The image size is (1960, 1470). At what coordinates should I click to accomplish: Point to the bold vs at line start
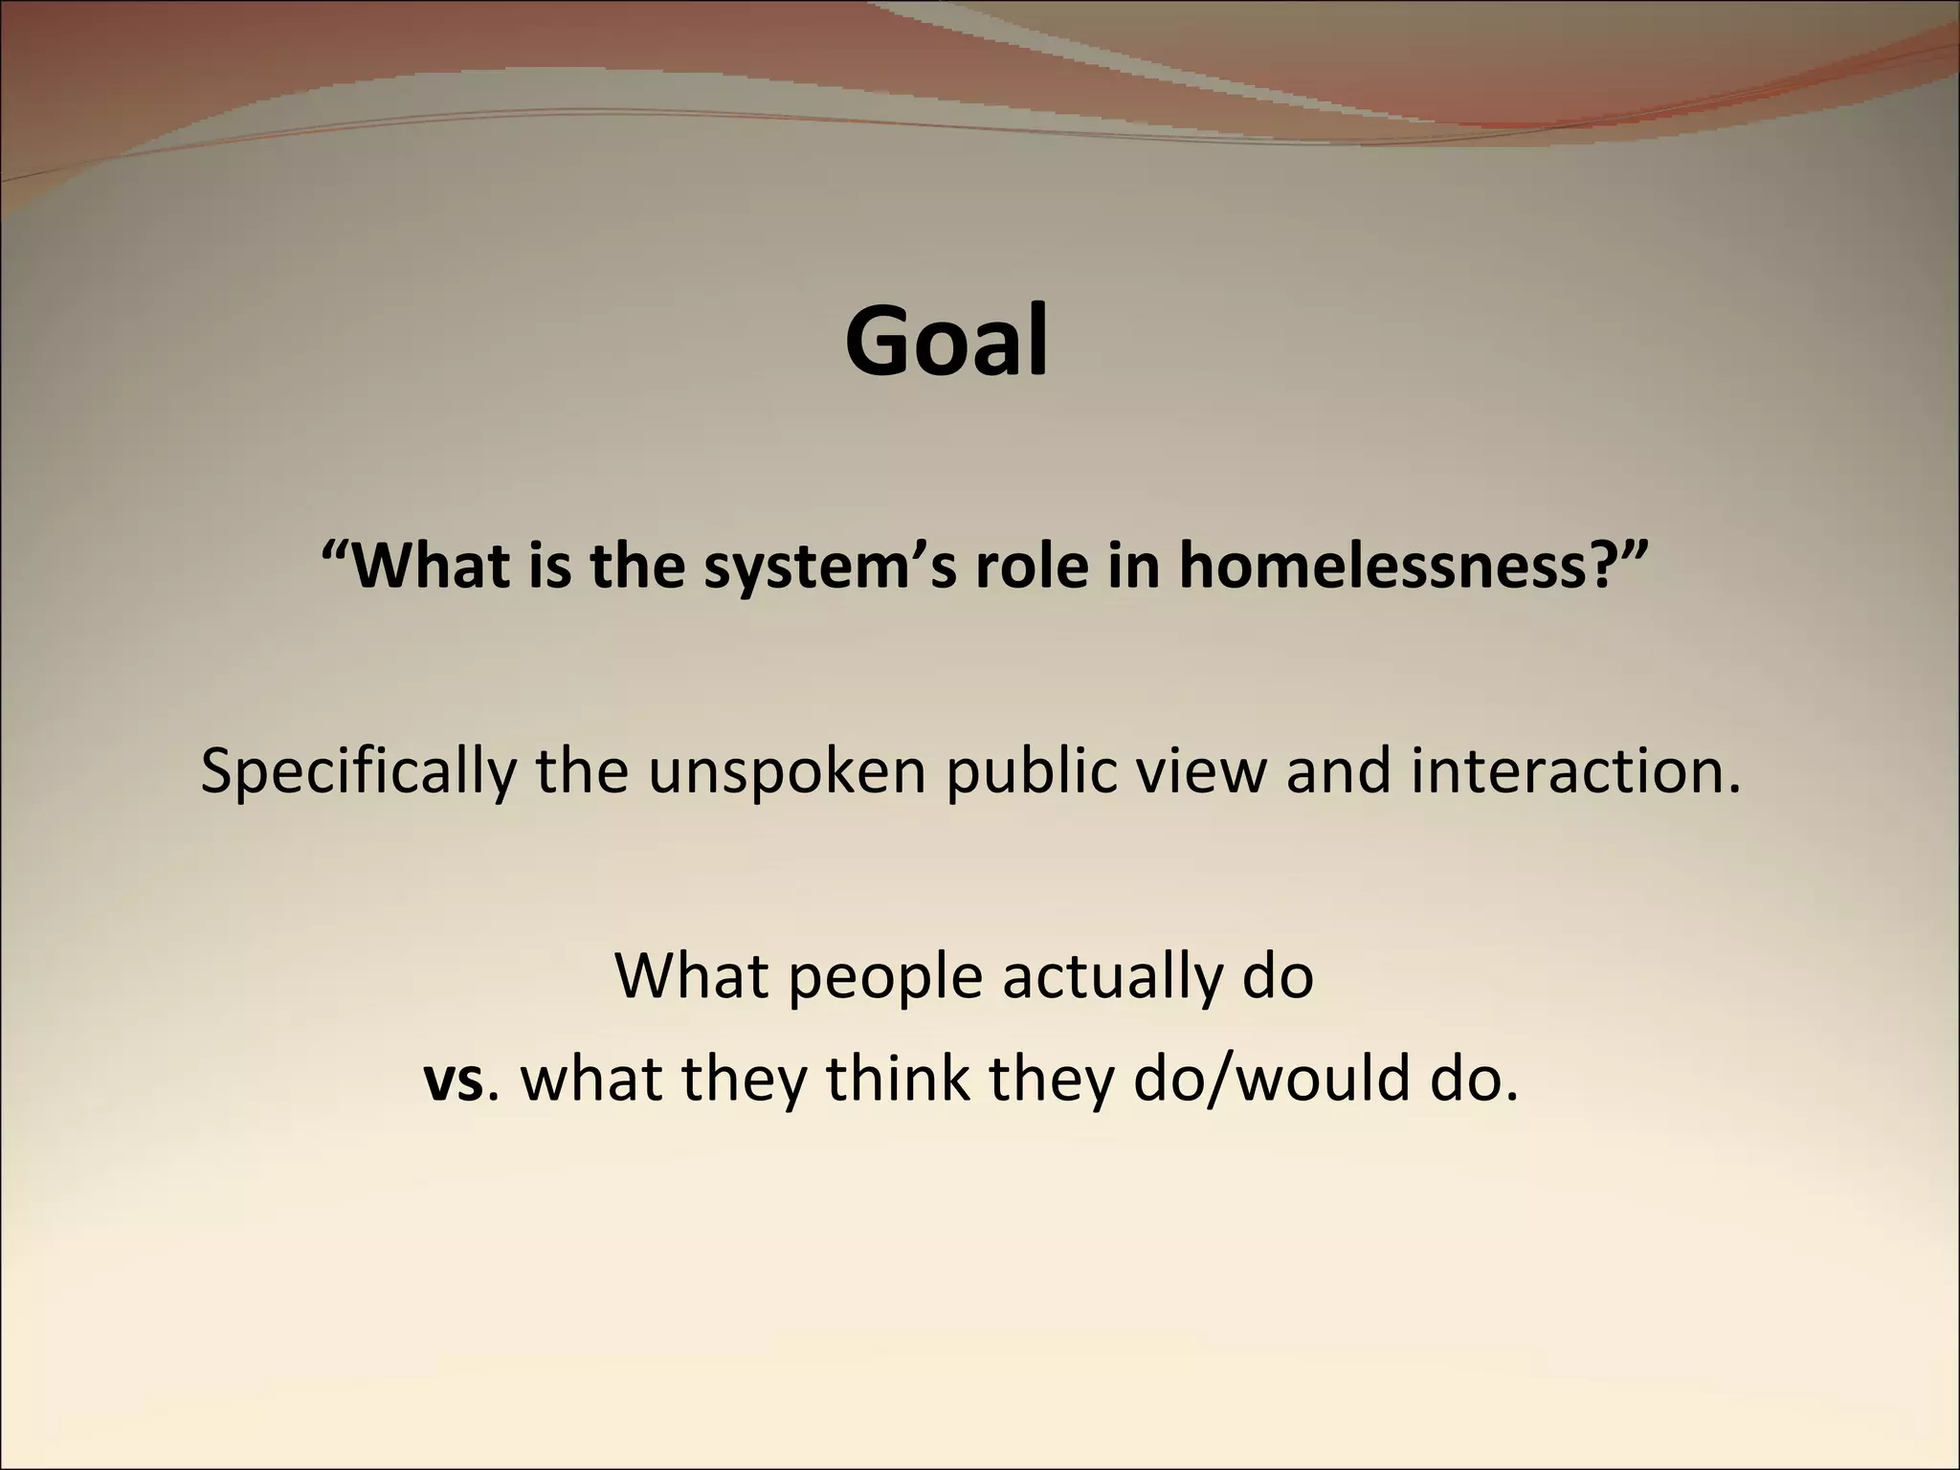(x=454, y=1080)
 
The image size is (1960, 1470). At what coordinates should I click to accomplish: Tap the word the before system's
(x=638, y=566)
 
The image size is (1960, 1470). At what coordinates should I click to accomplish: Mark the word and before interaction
(x=1337, y=770)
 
